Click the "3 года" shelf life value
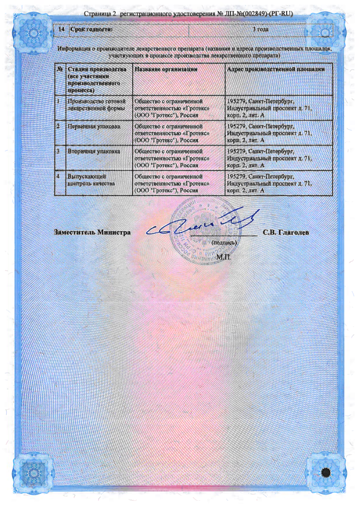(260, 29)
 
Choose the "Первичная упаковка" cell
(94, 126)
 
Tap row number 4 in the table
(59, 175)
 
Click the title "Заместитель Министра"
(92, 233)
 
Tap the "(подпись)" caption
(224, 242)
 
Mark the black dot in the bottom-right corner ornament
(325, 472)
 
